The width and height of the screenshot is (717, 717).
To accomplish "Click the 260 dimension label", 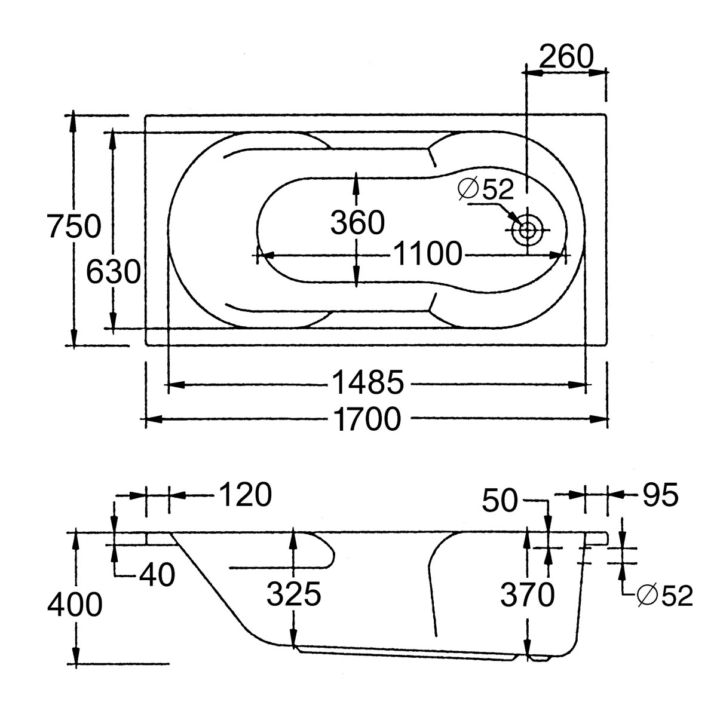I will [566, 57].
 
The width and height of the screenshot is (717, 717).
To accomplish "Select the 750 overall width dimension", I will [74, 227].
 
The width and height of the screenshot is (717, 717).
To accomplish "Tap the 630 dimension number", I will [113, 272].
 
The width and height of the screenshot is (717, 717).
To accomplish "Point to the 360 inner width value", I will [357, 223].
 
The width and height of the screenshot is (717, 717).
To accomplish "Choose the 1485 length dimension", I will [368, 383].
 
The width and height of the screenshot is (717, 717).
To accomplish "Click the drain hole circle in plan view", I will [528, 230].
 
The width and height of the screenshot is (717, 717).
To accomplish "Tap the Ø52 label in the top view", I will [486, 190].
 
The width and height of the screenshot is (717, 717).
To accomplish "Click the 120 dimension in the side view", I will [245, 495].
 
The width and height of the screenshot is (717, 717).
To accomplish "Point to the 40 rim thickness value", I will [157, 575].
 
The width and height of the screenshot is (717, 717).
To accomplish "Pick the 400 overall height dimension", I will [74, 606].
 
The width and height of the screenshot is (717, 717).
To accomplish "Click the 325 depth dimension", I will [294, 595].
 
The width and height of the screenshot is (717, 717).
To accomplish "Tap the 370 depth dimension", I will [527, 595].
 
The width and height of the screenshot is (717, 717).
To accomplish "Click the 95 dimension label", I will [661, 495].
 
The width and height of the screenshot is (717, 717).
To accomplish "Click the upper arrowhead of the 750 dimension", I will [73, 119].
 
